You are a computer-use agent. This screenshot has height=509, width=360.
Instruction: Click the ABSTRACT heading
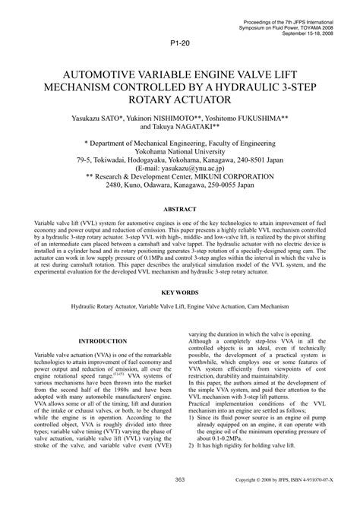(x=179, y=209)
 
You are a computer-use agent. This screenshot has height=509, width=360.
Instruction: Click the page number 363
(x=180, y=500)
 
